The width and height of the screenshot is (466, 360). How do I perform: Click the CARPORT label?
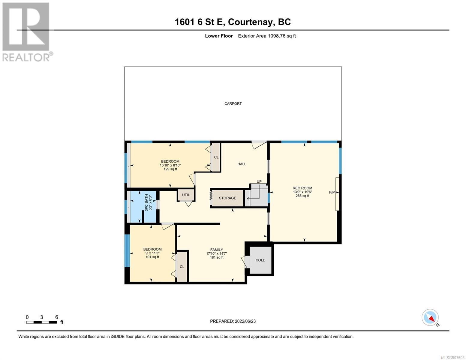[233, 103]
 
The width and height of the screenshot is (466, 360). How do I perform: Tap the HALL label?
[242, 164]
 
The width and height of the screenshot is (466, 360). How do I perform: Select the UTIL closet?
[186, 195]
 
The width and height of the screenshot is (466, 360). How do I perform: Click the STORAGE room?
[227, 198]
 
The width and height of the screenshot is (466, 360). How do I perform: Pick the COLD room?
[260, 260]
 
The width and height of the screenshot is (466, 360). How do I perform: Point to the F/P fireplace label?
[332, 192]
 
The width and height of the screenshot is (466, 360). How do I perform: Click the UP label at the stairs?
[259, 181]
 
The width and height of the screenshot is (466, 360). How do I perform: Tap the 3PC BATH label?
[147, 202]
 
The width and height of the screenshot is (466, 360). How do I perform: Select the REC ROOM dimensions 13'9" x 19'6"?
[302, 192]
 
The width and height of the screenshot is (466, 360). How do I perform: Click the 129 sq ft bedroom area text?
[170, 169]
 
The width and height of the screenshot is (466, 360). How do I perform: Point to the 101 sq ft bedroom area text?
[152, 257]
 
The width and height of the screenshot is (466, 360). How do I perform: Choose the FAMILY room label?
[217, 250]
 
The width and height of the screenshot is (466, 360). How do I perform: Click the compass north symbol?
[430, 317]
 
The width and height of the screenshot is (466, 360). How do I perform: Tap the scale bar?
[41, 322]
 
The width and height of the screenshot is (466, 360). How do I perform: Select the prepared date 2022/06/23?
[245, 321]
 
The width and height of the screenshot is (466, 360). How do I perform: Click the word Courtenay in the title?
[251, 22]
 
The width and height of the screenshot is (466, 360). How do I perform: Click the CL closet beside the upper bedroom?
[216, 157]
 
